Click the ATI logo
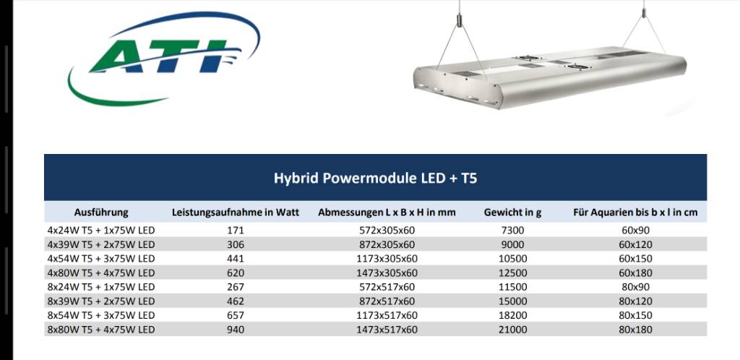[x=164, y=59]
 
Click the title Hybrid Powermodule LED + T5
[x=375, y=179]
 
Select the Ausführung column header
[x=101, y=213]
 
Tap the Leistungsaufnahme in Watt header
[x=236, y=213]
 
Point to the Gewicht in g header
[x=512, y=213]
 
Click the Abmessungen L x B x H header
[x=387, y=213]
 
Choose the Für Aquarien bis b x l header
[x=635, y=213]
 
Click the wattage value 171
[x=236, y=231]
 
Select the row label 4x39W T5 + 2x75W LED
[x=101, y=245]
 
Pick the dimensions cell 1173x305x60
[x=387, y=259]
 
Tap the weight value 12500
[x=512, y=273]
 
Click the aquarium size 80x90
[x=635, y=287]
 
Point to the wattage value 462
[x=236, y=301]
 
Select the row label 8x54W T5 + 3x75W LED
[x=101, y=315]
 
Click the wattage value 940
[x=236, y=330]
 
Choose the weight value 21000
[x=512, y=330]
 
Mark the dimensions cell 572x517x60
[x=387, y=287]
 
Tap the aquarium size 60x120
[x=635, y=245]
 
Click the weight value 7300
[x=512, y=231]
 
